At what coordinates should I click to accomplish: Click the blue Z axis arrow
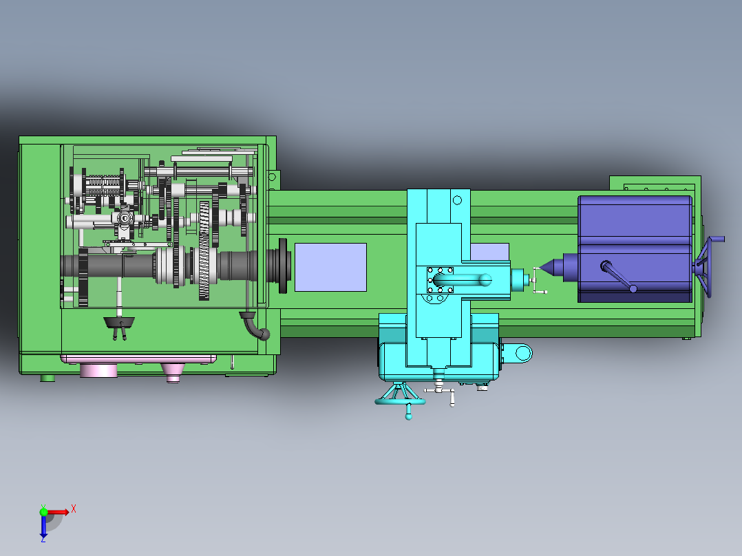tap(43, 526)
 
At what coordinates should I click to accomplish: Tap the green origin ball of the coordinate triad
tap(43, 512)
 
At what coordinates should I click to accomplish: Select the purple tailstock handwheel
tap(707, 266)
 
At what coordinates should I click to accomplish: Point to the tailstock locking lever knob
tap(633, 288)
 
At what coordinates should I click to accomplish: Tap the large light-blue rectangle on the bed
tap(330, 268)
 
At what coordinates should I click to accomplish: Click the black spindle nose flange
tap(283, 266)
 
